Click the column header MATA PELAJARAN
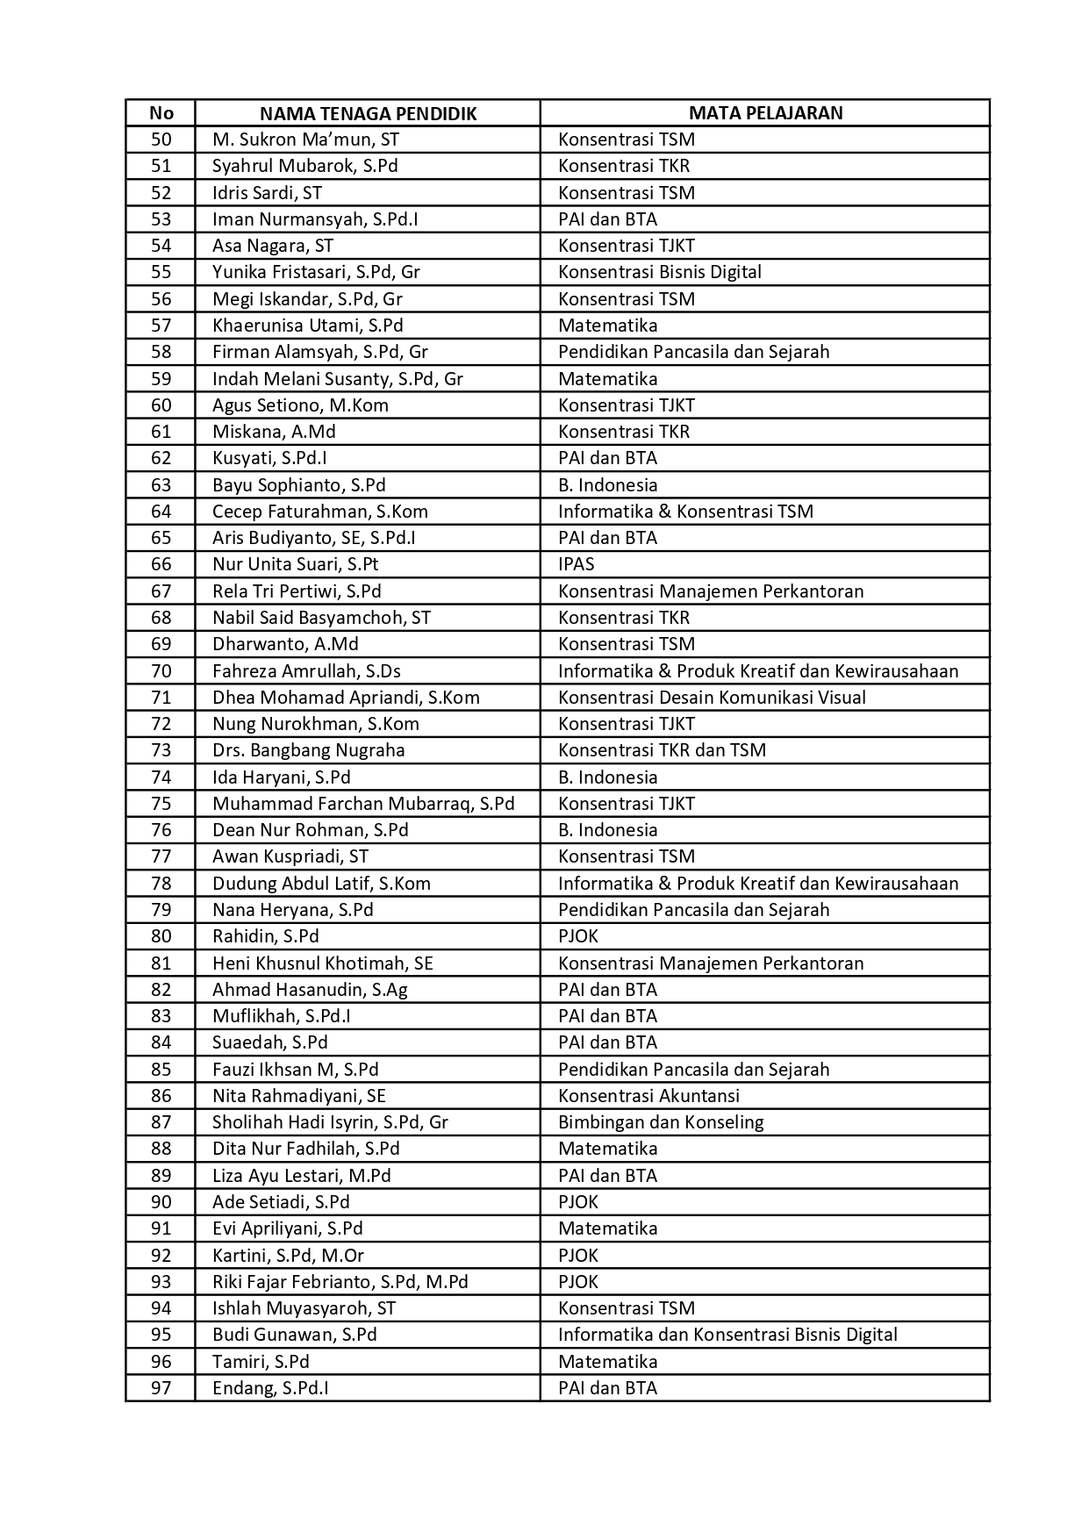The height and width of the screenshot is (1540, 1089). click(764, 113)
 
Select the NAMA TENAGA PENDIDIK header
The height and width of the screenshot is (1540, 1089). click(368, 113)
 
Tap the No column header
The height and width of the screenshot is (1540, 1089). click(161, 113)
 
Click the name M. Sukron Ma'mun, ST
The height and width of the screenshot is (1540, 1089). click(305, 140)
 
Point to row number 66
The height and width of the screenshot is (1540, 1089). click(161, 564)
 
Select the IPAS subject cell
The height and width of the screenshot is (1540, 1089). click(577, 564)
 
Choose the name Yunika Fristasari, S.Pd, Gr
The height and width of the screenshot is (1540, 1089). click(316, 272)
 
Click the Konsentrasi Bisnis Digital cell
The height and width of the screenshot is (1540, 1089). click(659, 272)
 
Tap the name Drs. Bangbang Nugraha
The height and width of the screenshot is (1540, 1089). click(308, 750)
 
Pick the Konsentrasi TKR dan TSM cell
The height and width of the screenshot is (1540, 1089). click(662, 750)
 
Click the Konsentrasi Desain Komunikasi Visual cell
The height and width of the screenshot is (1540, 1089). click(712, 698)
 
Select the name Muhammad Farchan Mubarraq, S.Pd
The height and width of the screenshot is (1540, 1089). click(363, 804)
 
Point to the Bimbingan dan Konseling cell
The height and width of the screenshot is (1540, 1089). click(661, 1122)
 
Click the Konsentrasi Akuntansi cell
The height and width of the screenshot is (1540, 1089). click(648, 1096)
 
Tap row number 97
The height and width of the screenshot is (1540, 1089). click(161, 1388)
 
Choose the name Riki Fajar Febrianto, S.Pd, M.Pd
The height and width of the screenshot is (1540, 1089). click(340, 1282)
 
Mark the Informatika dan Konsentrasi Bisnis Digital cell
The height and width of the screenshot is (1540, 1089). click(727, 1335)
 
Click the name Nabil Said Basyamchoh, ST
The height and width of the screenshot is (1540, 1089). click(321, 618)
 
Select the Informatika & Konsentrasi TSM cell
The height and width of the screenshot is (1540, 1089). click(685, 512)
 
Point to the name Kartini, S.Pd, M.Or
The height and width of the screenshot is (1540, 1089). click(288, 1256)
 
